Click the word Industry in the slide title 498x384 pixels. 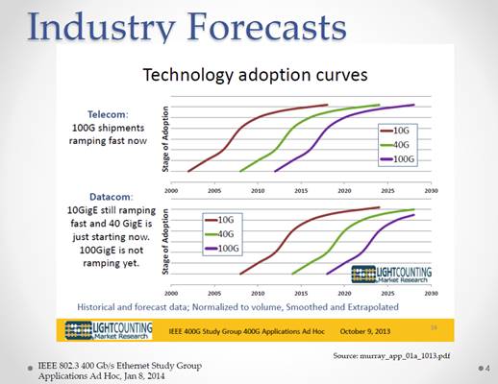click(102, 27)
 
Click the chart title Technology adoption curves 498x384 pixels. click(255, 75)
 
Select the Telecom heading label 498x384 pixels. click(108, 114)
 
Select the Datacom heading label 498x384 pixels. click(112, 197)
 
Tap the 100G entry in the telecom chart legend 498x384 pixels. click(397, 159)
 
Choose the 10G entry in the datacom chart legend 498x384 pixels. click(219, 220)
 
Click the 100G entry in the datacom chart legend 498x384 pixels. click(222, 249)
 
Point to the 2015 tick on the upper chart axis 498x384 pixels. click(301, 191)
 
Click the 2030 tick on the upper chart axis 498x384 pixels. click(431, 191)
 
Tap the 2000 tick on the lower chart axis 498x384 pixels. click(171, 293)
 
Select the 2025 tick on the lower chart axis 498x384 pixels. click(387, 293)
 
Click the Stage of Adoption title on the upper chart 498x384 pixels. click(165, 139)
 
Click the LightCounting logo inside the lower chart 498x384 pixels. click(391, 275)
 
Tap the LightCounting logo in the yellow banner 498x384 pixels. click(109, 330)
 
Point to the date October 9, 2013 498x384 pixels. click(365, 331)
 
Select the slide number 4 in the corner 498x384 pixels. click(487, 369)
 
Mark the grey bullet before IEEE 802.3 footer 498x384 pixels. click(30, 368)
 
